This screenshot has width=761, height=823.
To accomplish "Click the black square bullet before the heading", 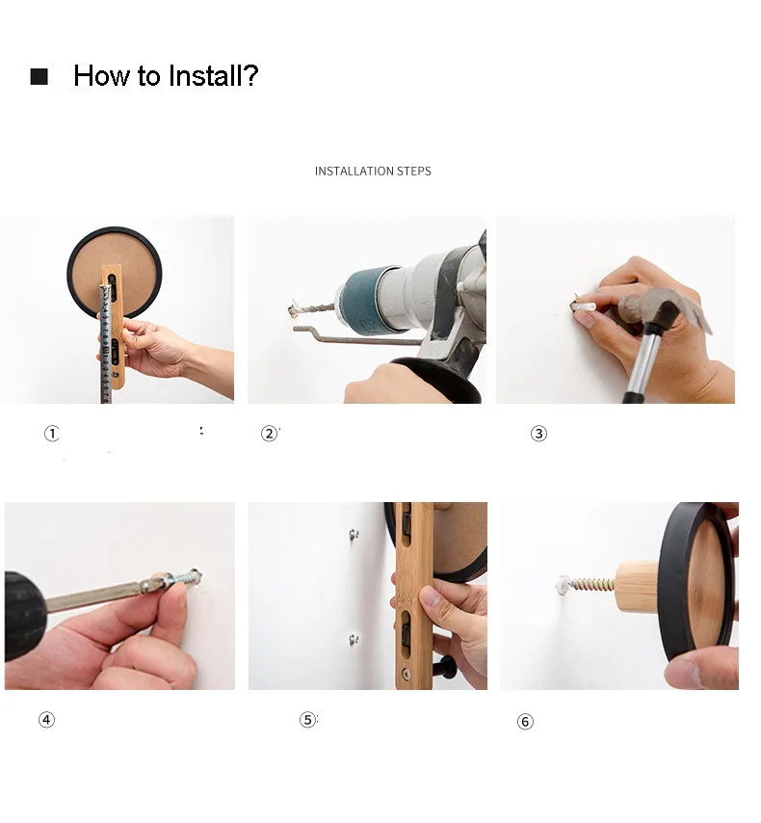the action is click(x=39, y=76).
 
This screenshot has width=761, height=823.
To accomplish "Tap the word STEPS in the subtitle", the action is click(x=413, y=172).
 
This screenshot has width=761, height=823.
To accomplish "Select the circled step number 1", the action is click(x=51, y=434).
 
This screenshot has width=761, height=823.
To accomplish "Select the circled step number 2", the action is click(x=269, y=434).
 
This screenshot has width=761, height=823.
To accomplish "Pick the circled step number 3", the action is click(x=539, y=434).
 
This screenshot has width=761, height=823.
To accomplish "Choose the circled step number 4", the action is click(x=46, y=720).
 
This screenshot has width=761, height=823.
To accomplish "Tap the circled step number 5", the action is click(x=307, y=720).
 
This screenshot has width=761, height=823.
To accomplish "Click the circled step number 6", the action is click(x=525, y=722).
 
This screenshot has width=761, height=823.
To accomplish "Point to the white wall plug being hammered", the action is click(x=583, y=307).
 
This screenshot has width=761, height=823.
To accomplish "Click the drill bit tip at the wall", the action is click(x=291, y=309).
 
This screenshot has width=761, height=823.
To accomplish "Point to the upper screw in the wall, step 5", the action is click(x=354, y=535).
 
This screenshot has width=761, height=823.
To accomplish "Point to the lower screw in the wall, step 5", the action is click(x=354, y=640).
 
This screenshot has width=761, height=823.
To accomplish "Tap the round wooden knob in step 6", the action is click(x=636, y=586).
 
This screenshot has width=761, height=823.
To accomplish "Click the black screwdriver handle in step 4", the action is click(x=25, y=616).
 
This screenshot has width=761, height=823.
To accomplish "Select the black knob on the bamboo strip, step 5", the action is click(x=447, y=667).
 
